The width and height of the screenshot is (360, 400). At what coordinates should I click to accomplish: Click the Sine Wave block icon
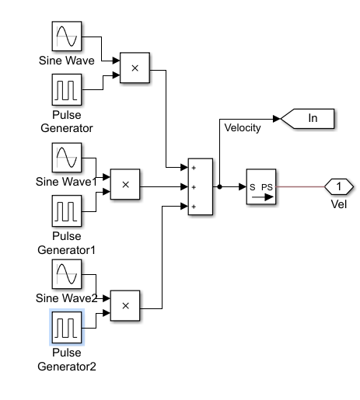67,37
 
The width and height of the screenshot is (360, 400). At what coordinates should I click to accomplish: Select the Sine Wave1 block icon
67,158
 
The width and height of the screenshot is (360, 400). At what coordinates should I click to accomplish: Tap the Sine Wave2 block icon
67,274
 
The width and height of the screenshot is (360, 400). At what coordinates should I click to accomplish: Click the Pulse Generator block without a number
67,89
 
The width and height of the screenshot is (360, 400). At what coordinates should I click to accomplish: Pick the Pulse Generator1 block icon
67,210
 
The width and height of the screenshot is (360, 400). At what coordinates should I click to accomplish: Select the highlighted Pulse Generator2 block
67,327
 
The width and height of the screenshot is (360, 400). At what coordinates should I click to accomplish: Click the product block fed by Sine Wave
135,68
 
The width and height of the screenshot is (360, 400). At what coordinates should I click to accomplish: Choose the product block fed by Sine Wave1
125,184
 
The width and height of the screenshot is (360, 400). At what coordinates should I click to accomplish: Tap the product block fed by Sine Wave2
125,305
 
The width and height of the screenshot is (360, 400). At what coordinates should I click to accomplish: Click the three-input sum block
201,186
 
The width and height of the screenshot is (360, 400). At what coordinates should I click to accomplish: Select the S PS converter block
261,186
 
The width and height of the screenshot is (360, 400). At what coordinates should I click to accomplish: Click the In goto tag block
308,119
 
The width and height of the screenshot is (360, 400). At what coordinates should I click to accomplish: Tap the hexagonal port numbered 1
339,186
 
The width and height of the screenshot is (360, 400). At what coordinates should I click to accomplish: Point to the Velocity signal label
243,128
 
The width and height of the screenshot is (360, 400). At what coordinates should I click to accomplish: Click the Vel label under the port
339,204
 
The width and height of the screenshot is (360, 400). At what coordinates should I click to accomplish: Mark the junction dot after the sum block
219,186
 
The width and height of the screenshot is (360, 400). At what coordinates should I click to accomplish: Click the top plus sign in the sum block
194,168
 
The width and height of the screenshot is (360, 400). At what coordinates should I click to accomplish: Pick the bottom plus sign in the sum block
194,207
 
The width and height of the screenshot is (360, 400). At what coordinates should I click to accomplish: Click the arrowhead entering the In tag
277,119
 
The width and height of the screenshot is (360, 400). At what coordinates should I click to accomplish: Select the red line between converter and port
300,186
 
